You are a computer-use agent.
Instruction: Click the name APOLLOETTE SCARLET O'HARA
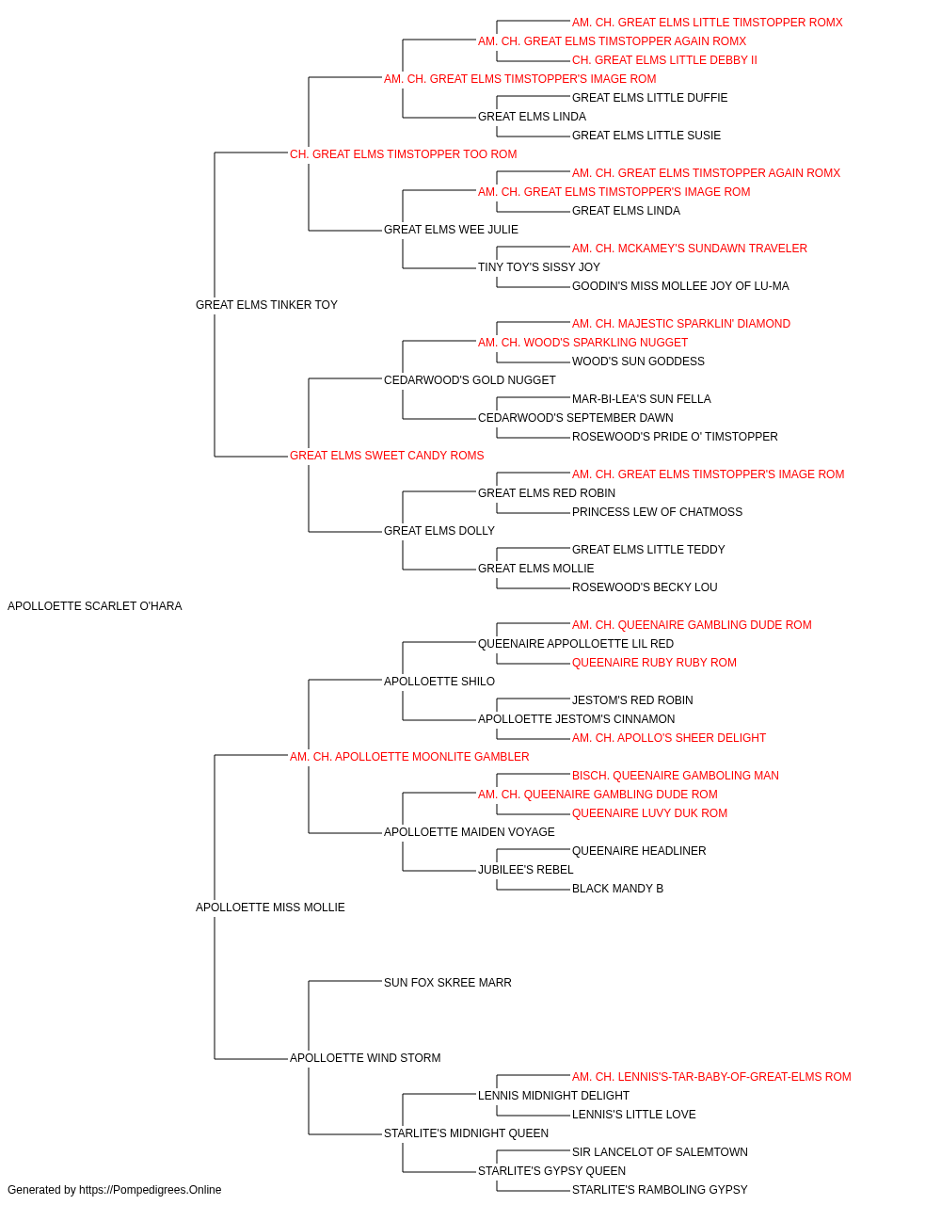click(95, 606)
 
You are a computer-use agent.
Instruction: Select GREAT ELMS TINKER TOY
click(266, 305)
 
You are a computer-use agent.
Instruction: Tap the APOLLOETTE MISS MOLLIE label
click(270, 908)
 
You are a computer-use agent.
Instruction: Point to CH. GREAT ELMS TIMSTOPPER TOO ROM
click(404, 154)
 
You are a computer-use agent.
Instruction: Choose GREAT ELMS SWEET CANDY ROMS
click(387, 456)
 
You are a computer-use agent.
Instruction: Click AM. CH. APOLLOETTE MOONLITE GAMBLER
click(409, 756)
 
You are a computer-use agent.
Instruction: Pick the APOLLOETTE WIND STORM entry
click(365, 1057)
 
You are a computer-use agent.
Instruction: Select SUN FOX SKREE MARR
click(448, 982)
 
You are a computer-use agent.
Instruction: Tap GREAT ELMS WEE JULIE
click(451, 230)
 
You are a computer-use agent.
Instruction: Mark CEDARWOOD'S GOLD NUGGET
click(470, 379)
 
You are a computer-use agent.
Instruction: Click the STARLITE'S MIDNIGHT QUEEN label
click(466, 1133)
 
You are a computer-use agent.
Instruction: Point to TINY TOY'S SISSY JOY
click(539, 267)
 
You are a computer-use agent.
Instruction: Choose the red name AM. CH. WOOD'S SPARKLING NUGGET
click(583, 343)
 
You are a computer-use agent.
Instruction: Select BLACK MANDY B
click(618, 889)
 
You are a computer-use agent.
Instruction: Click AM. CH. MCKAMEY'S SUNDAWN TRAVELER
click(690, 249)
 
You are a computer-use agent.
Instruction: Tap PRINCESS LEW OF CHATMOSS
click(657, 512)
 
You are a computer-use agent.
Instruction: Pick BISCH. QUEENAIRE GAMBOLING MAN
click(676, 775)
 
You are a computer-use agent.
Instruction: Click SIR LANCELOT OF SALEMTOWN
click(660, 1151)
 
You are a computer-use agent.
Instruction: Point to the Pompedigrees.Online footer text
click(114, 1190)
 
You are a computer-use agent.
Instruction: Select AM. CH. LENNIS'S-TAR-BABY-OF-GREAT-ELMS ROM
click(711, 1076)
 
